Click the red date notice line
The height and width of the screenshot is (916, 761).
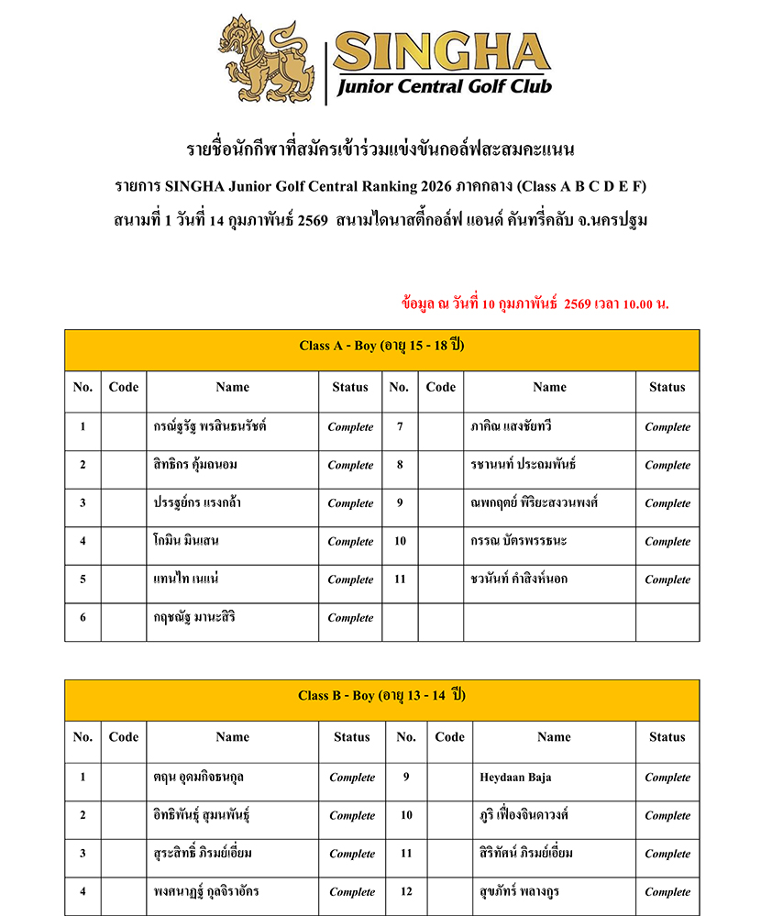(535, 303)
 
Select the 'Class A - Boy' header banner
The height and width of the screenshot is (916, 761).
(381, 346)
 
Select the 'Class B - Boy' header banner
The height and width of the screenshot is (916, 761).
(381, 696)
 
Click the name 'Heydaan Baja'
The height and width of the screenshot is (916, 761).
(515, 778)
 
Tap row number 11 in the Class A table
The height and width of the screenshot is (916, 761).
(400, 579)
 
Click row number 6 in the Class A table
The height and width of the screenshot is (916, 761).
(83, 618)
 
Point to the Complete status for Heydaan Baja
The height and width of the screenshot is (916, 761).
(667, 778)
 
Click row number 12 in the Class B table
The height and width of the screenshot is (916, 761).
(406, 891)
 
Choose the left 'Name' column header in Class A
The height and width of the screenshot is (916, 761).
(232, 387)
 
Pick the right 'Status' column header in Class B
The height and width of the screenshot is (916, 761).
(667, 737)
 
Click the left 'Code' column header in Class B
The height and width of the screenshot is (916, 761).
(124, 737)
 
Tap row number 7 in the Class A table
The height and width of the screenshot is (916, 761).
(400, 427)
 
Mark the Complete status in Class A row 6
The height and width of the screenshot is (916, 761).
(350, 618)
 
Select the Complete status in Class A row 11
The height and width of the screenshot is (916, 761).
(667, 579)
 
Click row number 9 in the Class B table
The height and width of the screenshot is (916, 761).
(406, 778)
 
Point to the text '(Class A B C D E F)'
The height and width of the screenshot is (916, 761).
(582, 186)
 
